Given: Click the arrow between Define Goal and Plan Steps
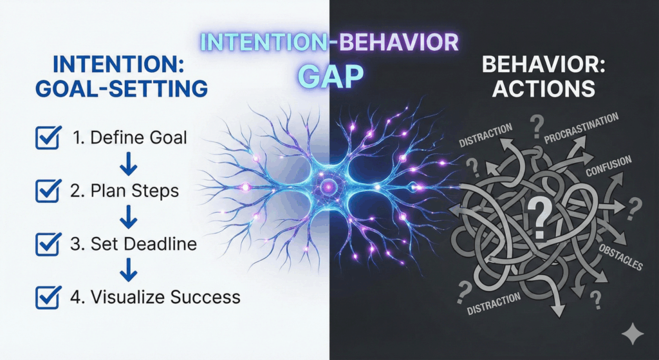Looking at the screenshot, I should [x=129, y=166].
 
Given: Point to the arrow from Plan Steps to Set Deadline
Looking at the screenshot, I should [x=129, y=218].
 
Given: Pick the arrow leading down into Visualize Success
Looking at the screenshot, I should [x=129, y=271].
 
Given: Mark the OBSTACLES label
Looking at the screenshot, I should [x=620, y=256].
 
